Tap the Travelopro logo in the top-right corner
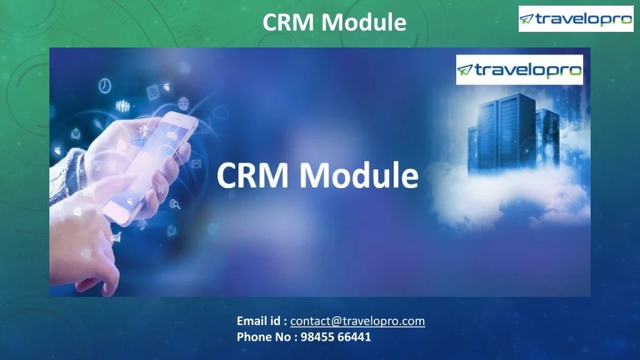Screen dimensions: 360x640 pyautogui.click(x=567, y=19)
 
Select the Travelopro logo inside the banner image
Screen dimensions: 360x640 pyautogui.click(x=519, y=69)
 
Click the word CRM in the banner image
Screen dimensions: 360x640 pyautogui.click(x=253, y=176)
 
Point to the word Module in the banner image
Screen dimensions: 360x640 pyautogui.click(x=358, y=176)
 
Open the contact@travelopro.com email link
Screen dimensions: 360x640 pyautogui.click(x=357, y=321)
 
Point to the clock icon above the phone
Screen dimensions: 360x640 pyautogui.click(x=105, y=84)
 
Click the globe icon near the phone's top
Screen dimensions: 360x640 pyautogui.click(x=183, y=103)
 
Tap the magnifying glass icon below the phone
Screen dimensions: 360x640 pyautogui.click(x=175, y=203)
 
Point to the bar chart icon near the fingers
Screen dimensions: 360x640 pyautogui.click(x=116, y=237)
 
